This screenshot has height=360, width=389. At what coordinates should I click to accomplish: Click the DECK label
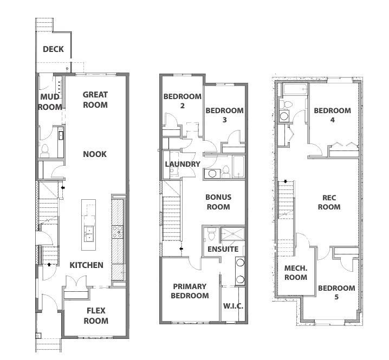(x=53, y=49)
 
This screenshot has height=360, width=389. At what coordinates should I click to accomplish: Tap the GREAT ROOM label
(x=95, y=100)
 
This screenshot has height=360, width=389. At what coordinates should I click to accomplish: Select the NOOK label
(x=95, y=154)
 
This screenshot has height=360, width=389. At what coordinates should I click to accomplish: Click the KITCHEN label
(x=86, y=265)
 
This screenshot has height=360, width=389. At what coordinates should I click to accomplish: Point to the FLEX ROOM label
(x=96, y=316)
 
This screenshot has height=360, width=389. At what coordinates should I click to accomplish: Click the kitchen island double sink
(x=88, y=234)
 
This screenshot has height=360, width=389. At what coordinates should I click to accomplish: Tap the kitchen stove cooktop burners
(x=117, y=232)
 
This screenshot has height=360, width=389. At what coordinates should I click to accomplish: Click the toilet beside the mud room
(x=45, y=150)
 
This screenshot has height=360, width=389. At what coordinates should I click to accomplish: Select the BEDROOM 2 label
(x=183, y=101)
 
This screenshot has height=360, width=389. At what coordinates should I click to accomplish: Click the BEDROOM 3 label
(x=224, y=115)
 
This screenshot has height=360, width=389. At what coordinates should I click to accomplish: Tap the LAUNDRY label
(x=183, y=164)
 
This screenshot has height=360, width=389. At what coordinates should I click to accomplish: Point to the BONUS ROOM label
(x=218, y=202)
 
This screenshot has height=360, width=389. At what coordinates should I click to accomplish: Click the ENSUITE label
(x=223, y=249)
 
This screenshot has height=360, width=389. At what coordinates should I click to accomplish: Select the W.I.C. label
(x=233, y=306)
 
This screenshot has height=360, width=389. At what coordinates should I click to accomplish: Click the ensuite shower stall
(x=232, y=234)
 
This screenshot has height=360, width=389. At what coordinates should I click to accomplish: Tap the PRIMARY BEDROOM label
(x=190, y=291)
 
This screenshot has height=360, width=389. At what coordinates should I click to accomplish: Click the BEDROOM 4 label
(x=333, y=115)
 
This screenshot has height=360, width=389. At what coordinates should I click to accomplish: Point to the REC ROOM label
(x=329, y=202)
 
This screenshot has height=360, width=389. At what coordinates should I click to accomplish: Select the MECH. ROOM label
(x=296, y=272)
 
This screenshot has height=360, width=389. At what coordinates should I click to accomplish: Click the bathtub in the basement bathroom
(x=295, y=89)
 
